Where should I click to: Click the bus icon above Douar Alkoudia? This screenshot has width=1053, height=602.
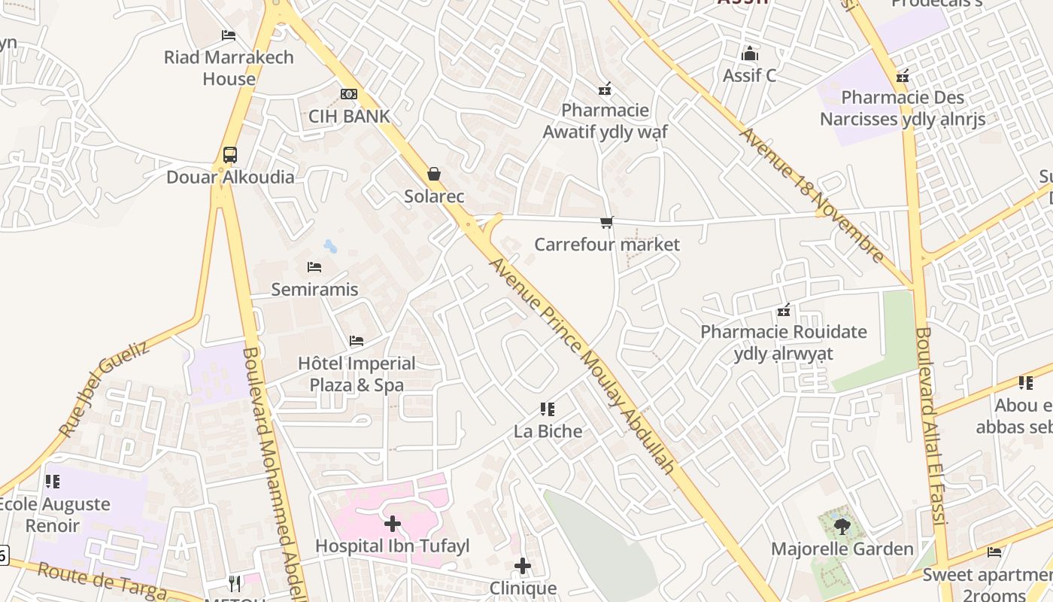click(x=230, y=155)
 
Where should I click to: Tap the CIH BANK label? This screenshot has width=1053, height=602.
click(x=349, y=116)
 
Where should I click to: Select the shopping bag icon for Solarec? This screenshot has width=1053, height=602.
click(x=434, y=174)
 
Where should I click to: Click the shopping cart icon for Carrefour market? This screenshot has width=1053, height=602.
click(x=606, y=222)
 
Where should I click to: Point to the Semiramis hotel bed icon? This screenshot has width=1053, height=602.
click(x=314, y=267)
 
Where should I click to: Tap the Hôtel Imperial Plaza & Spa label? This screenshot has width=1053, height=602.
click(x=357, y=374)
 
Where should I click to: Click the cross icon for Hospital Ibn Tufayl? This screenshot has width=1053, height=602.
click(x=392, y=524)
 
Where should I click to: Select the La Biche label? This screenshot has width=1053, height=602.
click(x=548, y=431)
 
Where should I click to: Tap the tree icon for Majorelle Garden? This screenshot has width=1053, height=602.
click(x=842, y=527)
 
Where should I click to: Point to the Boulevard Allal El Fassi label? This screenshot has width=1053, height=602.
click(x=934, y=425)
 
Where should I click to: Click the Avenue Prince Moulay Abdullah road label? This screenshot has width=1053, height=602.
click(x=582, y=366)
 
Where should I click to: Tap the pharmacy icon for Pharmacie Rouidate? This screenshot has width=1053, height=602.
click(x=784, y=310)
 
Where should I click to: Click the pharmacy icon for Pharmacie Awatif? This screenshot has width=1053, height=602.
click(x=604, y=90)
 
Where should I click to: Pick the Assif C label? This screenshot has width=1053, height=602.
click(x=749, y=75)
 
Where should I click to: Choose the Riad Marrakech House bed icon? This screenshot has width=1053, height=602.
click(x=229, y=35)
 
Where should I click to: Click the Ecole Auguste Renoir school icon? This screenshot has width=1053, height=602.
click(x=52, y=481)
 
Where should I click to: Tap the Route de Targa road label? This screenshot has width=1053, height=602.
click(x=102, y=582)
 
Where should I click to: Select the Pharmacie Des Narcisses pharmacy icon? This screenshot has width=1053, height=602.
click(x=903, y=76)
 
